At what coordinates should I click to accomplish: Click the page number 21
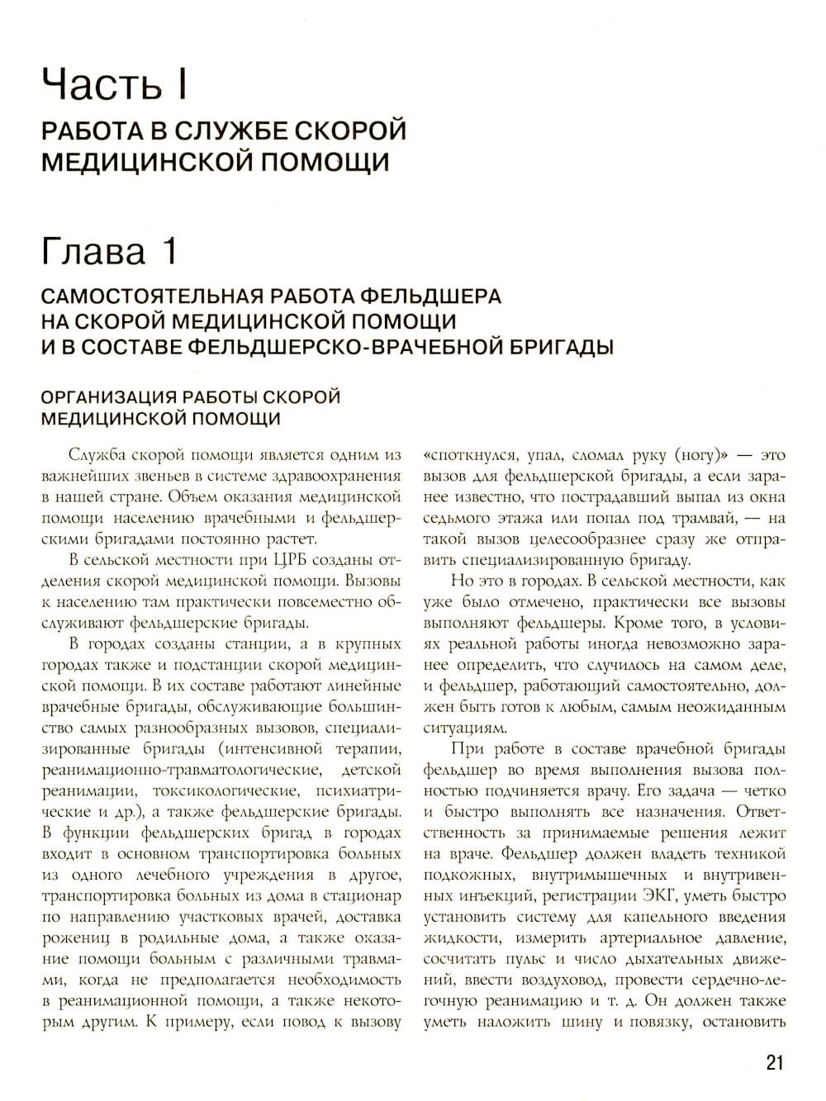[x=773, y=1062]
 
